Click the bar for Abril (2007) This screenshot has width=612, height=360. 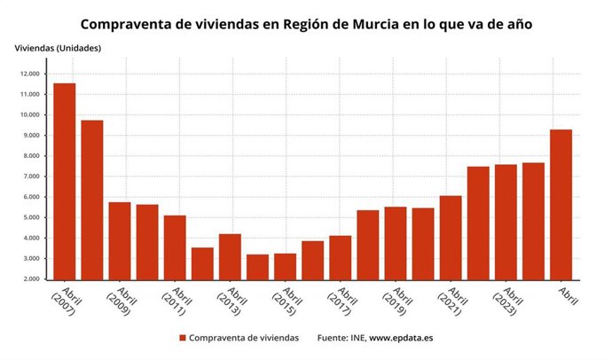(65, 182)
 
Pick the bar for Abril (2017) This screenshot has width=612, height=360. (340, 258)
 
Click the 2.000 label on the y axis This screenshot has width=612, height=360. (29, 279)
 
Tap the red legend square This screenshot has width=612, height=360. (183, 338)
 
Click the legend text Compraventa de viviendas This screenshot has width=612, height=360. (244, 338)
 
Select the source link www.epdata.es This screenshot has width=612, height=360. (401, 338)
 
